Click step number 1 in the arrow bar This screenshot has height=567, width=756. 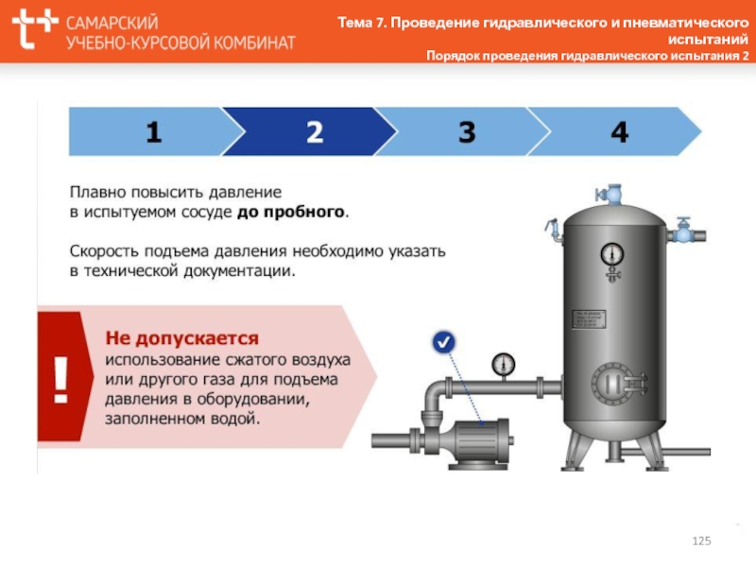pos(153,132)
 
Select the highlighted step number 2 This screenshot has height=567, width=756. pos(315,132)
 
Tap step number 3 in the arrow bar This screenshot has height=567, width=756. pos(467,132)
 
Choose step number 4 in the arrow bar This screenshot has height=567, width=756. pos(619,132)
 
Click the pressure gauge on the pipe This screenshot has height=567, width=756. pos(503,363)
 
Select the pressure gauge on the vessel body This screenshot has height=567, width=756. pos(613,253)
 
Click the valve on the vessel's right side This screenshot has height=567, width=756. pos(682,230)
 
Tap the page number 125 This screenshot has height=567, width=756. pos(701,540)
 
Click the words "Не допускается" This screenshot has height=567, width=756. pos(181,337)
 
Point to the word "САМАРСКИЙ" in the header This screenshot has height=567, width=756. pos(112,21)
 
